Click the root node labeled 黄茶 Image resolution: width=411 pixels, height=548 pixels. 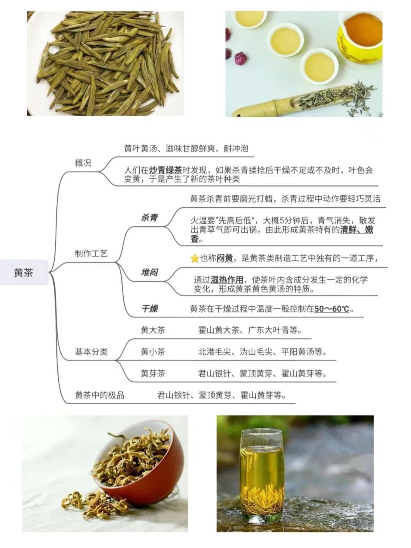pyautogui.click(x=24, y=272)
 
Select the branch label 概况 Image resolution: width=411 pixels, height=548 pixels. pyautogui.click(x=83, y=163)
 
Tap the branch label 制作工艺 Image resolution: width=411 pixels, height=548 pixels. pyautogui.click(x=91, y=254)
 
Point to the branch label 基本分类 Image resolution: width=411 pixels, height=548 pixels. pyautogui.click(x=91, y=352)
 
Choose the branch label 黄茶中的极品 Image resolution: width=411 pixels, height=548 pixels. pyautogui.click(x=100, y=395)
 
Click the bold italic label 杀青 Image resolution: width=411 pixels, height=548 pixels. pyautogui.click(x=149, y=218)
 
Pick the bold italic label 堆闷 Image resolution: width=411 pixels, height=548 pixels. pyautogui.click(x=149, y=272)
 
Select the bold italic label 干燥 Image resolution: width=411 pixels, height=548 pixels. pyautogui.click(x=149, y=309)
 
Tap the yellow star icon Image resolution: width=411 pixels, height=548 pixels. pyautogui.click(x=194, y=259)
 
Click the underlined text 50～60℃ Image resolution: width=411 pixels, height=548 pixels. pyautogui.click(x=331, y=309)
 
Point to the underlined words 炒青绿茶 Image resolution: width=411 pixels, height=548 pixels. pyautogui.click(x=166, y=170)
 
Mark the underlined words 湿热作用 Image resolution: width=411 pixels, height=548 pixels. pyautogui.click(x=227, y=280)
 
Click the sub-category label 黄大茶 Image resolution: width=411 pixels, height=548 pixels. pyautogui.click(x=153, y=330)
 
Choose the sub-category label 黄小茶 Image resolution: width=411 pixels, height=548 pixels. pyautogui.click(x=153, y=352)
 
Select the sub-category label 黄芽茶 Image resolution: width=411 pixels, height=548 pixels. pyautogui.click(x=153, y=374)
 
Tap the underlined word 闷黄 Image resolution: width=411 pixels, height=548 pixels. pyautogui.click(x=225, y=258)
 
